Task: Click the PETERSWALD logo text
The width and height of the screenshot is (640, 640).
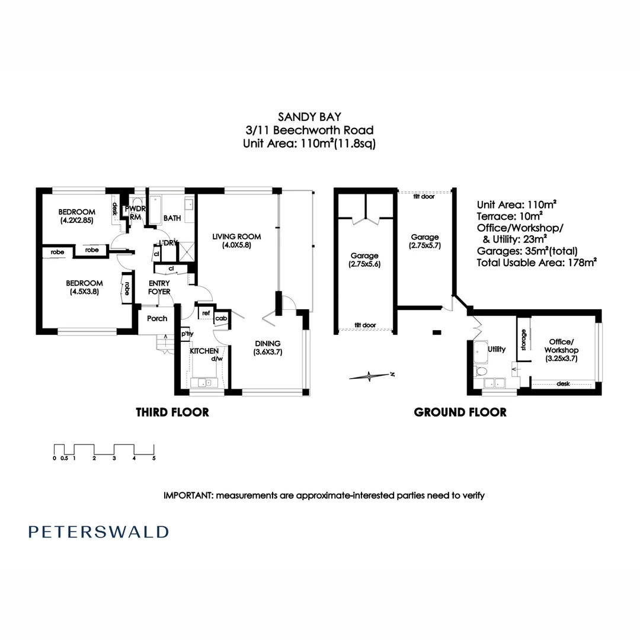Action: (x=98, y=532)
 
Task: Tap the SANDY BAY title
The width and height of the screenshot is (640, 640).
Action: (x=309, y=117)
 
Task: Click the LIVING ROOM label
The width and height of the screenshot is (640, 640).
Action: (x=236, y=236)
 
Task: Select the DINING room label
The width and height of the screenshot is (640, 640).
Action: (x=268, y=343)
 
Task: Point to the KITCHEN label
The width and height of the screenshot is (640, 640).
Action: (x=204, y=351)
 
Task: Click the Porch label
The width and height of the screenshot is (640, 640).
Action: (x=157, y=318)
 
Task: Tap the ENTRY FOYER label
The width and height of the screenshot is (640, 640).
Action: (x=159, y=287)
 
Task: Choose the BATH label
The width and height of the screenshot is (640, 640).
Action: (x=172, y=218)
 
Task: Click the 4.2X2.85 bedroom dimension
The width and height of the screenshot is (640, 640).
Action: (x=76, y=220)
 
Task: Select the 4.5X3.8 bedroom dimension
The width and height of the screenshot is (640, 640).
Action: (x=85, y=292)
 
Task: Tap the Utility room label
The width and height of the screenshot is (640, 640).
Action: (x=497, y=349)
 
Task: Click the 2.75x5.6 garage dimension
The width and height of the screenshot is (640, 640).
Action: (x=364, y=264)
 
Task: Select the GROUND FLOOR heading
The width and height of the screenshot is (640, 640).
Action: (x=460, y=412)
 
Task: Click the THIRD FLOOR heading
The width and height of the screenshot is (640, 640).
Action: (x=172, y=412)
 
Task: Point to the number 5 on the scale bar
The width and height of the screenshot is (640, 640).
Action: (x=154, y=458)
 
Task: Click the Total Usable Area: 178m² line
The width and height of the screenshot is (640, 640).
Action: (x=537, y=263)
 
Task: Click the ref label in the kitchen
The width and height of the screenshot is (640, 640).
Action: (x=206, y=313)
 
